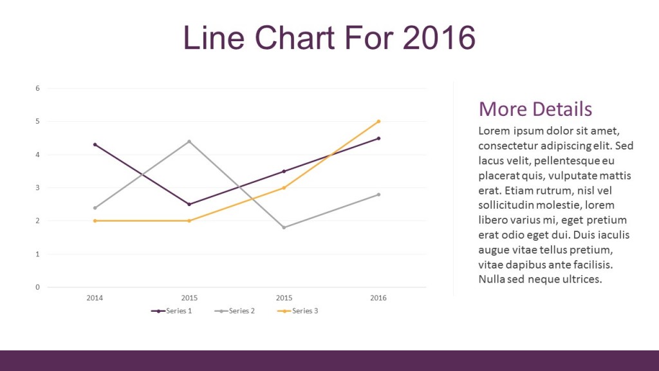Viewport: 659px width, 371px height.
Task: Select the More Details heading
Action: point(535,108)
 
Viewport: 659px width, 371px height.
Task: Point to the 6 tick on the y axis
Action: point(37,88)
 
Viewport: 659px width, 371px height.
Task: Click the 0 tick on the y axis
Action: point(37,287)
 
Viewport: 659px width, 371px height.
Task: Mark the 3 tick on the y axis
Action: point(37,188)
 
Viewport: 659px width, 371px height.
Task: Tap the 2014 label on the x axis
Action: point(95,298)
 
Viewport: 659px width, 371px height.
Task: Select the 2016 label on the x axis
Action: point(378,298)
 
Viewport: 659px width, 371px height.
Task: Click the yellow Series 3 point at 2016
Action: point(378,121)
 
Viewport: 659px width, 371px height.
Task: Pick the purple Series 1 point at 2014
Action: point(95,144)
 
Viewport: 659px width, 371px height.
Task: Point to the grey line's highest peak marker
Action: point(189,141)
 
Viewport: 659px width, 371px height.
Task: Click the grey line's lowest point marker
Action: point(284,227)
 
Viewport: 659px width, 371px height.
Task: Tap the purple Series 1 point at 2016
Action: point(378,138)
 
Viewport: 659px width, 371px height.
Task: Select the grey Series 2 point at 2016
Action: point(378,194)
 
